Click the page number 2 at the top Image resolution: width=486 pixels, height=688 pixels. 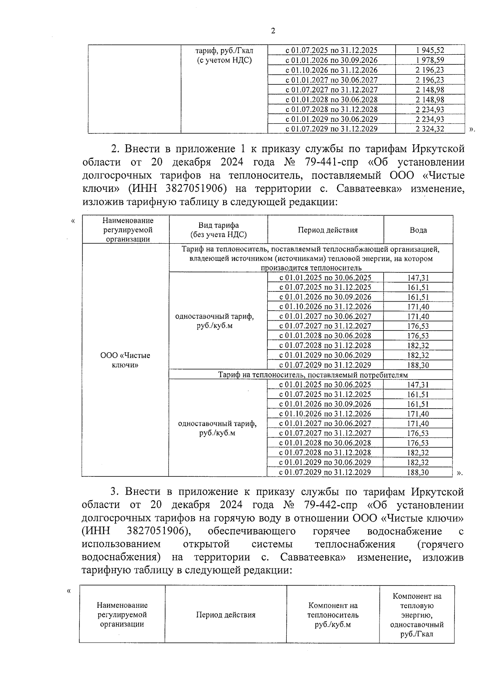click(x=273, y=31)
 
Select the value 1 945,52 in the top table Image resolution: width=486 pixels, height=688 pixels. click(x=430, y=50)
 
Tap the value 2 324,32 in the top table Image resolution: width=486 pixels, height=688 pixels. click(x=430, y=129)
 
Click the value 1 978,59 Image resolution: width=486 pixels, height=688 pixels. click(x=430, y=60)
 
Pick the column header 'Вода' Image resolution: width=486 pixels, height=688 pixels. click(x=418, y=230)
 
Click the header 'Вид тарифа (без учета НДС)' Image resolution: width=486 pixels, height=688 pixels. click(x=218, y=230)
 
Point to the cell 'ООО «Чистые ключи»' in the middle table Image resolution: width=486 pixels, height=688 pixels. click(x=125, y=360)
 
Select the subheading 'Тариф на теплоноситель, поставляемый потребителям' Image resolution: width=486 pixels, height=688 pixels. click(x=313, y=375)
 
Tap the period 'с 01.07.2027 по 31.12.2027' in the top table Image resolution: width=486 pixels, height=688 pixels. click(x=331, y=90)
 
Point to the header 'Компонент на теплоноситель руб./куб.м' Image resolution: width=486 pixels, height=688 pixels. click(x=333, y=615)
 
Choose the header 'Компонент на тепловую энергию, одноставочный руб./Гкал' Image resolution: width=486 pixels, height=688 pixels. click(x=417, y=615)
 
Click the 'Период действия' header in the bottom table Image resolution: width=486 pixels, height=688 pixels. click(x=226, y=615)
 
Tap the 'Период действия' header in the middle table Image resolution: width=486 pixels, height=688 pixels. click(x=328, y=230)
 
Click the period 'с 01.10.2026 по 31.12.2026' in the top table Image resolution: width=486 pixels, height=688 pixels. click(x=331, y=70)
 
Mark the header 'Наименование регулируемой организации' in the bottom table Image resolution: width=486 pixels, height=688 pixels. click(x=122, y=615)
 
